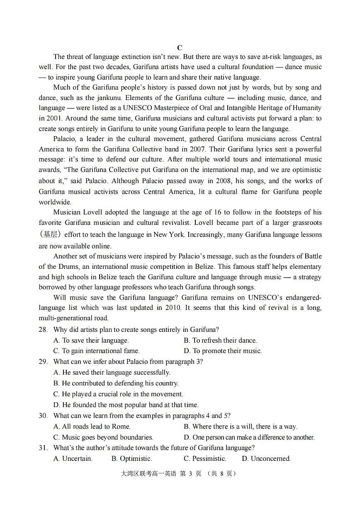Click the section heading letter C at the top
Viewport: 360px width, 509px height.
(x=180, y=48)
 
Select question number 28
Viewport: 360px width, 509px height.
(x=43, y=330)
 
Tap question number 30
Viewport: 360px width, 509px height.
(x=43, y=416)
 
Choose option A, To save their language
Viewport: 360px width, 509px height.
(x=91, y=341)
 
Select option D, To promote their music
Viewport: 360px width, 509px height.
(x=223, y=351)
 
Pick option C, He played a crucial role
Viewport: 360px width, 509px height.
(x=118, y=394)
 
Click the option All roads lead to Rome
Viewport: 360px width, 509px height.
(x=92, y=426)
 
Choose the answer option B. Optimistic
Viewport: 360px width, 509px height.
(x=131, y=459)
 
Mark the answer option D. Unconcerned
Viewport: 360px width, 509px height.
(x=266, y=459)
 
